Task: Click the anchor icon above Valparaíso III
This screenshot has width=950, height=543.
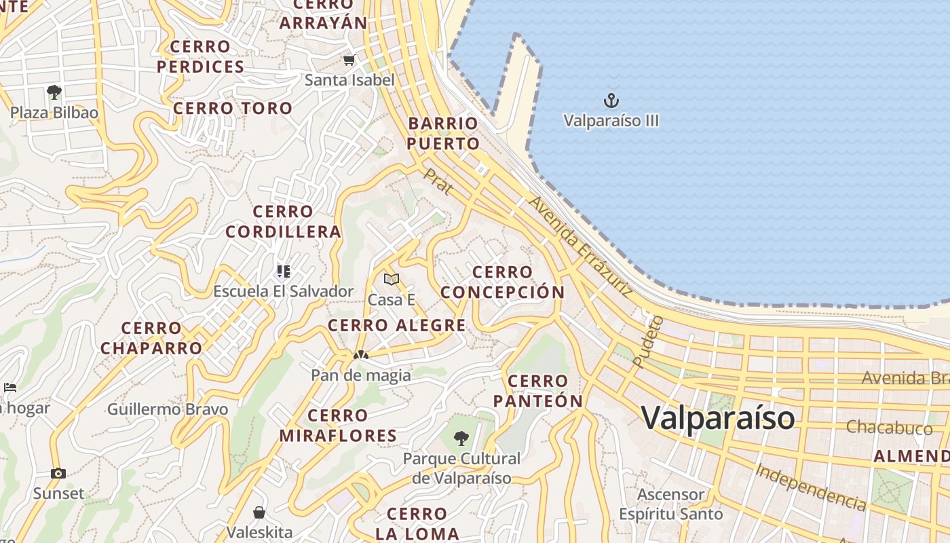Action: pyautogui.click(x=611, y=101)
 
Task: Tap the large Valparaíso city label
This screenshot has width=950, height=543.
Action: pyautogui.click(x=718, y=417)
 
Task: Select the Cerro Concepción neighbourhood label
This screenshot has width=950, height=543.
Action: pyautogui.click(x=502, y=282)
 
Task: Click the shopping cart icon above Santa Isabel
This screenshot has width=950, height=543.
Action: pyautogui.click(x=349, y=60)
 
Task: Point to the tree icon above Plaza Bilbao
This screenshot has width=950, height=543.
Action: pyautogui.click(x=54, y=92)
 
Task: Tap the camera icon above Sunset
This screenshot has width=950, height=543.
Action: pyautogui.click(x=58, y=473)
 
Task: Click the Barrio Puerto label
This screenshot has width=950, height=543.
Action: pyautogui.click(x=444, y=134)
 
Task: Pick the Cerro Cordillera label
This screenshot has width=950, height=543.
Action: pyautogui.click(x=283, y=222)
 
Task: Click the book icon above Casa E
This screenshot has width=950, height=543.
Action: pyautogui.click(x=392, y=279)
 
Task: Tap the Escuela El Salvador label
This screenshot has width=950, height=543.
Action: pyautogui.click(x=283, y=291)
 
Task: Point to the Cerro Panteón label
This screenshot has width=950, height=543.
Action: pyautogui.click(x=538, y=391)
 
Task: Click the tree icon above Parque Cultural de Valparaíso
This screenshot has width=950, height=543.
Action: pyautogui.click(x=461, y=438)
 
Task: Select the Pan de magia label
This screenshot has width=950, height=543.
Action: pyautogui.click(x=361, y=375)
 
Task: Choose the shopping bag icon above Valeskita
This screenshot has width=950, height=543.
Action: pyautogui.click(x=259, y=512)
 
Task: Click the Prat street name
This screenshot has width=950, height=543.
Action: pyautogui.click(x=437, y=182)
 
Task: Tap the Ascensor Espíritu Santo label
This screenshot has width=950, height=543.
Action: pyautogui.click(x=671, y=504)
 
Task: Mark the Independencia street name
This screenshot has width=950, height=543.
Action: pyautogui.click(x=811, y=487)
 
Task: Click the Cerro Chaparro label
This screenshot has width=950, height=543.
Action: pyautogui.click(x=151, y=338)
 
